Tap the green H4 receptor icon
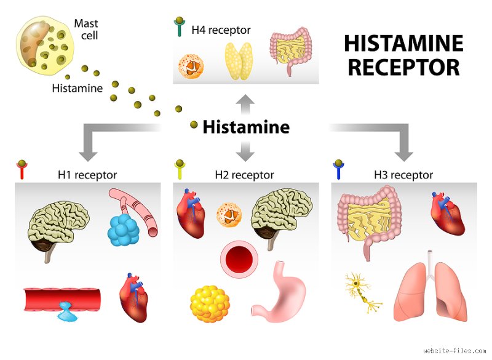(179, 27)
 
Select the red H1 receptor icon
(22, 169)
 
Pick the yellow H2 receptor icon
(180, 169)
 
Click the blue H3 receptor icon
(338, 169)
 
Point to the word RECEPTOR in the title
(404, 68)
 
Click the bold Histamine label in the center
(246, 127)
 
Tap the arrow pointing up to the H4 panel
(245, 105)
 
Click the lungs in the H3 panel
(430, 289)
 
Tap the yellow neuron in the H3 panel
(361, 290)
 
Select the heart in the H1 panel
(133, 298)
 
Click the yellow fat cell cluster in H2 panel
(210, 303)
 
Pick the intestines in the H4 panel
(290, 50)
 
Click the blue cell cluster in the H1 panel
(124, 230)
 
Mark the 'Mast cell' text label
(86, 29)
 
